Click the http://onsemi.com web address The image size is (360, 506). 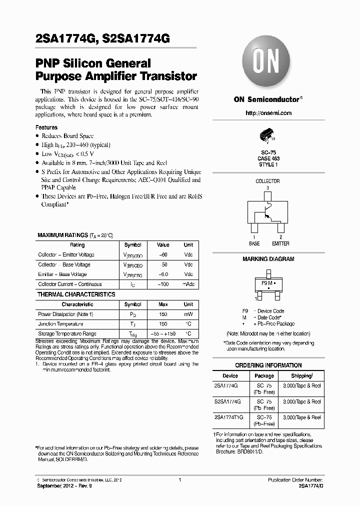tap(268, 113)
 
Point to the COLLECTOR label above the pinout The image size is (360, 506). tap(267, 181)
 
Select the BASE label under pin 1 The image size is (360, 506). tap(254, 243)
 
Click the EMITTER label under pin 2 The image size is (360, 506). tap(280, 243)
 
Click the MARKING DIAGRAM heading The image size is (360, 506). tap(268, 259)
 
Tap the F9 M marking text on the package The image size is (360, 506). tap(266, 283)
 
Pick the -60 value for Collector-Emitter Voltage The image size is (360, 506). tap(163, 255)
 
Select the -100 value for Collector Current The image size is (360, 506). tap(163, 284)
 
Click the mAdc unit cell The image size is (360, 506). tap(188, 284)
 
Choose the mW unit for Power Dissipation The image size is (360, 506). tap(188, 314)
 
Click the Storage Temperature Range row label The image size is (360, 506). tap(67, 333)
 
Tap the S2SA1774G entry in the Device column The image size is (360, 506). tap(230, 401)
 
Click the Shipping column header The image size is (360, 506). tap(302, 375)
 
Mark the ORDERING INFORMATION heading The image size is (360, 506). tap(268, 365)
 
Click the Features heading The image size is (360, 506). tap(46, 127)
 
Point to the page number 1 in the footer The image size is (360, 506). tap(179, 479)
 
